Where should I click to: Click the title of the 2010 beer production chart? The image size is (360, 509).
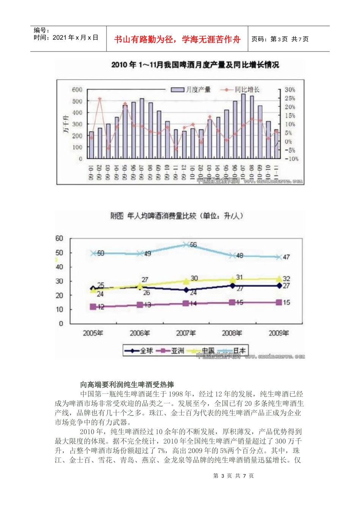tap(195, 65)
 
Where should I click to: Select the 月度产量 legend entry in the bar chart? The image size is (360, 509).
tap(191, 90)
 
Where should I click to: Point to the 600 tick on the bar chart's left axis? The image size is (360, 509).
tap(77, 90)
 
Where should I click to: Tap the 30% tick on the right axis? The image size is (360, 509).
tap(290, 90)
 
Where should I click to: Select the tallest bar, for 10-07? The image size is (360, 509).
tap(243, 126)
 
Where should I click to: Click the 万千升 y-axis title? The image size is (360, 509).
tap(66, 124)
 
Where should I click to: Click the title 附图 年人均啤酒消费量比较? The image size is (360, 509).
tap(177, 216)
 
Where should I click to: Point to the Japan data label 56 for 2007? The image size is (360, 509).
tap(193, 245)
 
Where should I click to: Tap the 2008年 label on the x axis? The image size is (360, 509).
tap(232, 333)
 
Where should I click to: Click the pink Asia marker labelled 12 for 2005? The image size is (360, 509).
tap(93, 307)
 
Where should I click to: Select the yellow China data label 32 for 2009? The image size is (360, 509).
tap(286, 279)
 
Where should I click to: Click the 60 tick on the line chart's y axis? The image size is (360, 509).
tap(59, 238)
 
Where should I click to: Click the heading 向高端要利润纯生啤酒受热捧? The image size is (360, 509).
tap(127, 385)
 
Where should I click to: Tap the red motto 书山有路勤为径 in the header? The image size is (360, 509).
tap(177, 39)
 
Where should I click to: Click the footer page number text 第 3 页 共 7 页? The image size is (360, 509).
tap(233, 476)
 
